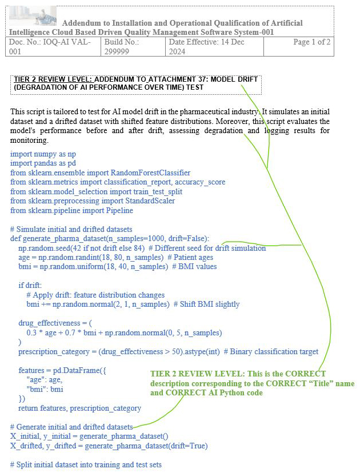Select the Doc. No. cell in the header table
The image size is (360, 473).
tap(54, 47)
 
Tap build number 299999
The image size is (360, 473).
tap(117, 51)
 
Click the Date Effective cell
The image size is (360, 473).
tap(214, 47)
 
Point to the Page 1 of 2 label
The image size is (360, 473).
tap(311, 42)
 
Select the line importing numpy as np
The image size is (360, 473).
tap(43, 154)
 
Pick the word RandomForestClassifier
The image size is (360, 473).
tap(150, 173)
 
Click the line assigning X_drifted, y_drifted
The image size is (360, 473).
tap(109, 446)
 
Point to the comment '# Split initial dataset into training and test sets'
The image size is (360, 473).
tap(86, 464)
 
